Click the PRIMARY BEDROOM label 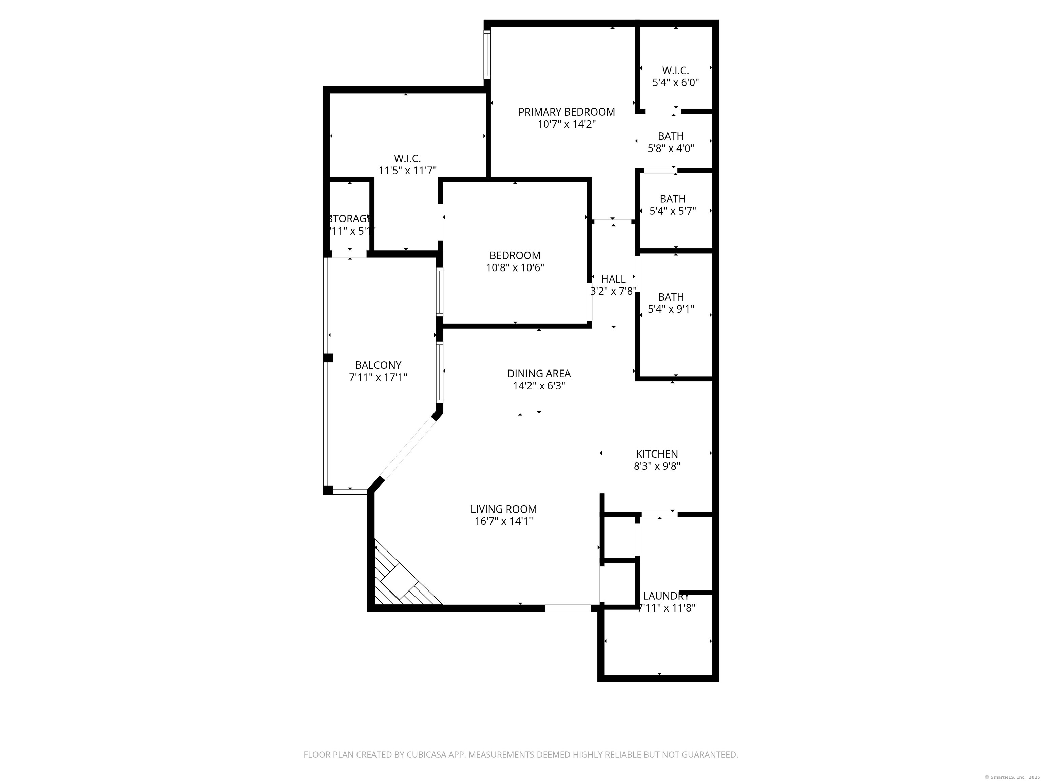coord(566,112)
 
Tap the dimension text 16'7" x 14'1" coord(504,521)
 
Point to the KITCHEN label coord(657,454)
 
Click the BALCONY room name coord(378,365)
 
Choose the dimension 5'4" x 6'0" coord(675,83)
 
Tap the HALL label coord(613,279)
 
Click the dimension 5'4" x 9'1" coord(671,309)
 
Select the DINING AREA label coord(538,373)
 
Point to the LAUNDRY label coord(665,596)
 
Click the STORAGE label coord(349,218)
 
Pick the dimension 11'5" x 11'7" coord(407,171)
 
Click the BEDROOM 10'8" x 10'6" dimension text coord(515,268)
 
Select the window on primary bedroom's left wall coord(487,55)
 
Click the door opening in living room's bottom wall coord(567,608)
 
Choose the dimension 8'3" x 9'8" coord(657,466)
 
